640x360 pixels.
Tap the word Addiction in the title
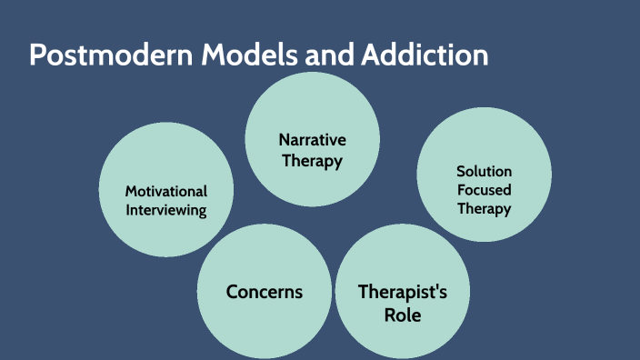(x=425, y=55)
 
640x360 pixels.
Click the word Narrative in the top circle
(x=312, y=140)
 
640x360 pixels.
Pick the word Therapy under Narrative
(x=312, y=161)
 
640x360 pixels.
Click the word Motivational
(x=166, y=191)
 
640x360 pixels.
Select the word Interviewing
(x=166, y=210)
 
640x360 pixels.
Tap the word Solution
(x=484, y=171)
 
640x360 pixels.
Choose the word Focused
(x=484, y=190)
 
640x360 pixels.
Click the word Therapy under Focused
(x=484, y=208)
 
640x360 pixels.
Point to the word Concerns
(x=264, y=292)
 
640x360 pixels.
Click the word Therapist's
(x=402, y=292)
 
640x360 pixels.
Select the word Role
(x=402, y=315)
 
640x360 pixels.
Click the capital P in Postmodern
(x=37, y=55)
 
